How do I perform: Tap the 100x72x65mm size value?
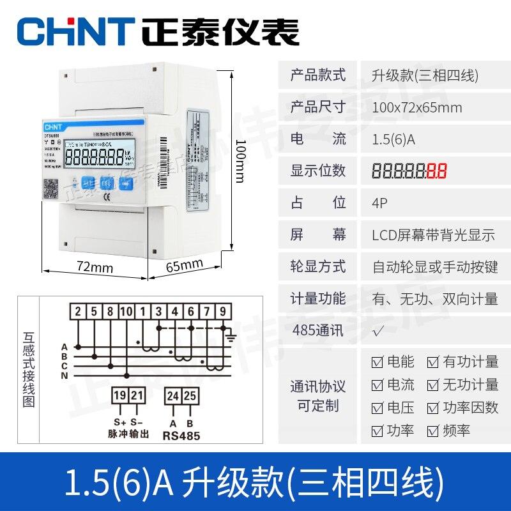416,107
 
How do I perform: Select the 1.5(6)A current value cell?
393,139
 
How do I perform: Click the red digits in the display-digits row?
436,171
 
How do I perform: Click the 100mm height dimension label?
240,159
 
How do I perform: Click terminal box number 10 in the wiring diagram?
126,312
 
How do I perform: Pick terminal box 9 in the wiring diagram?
222,312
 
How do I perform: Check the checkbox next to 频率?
434,431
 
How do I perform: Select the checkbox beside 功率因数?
434,408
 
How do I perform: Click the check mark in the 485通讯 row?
378,331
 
